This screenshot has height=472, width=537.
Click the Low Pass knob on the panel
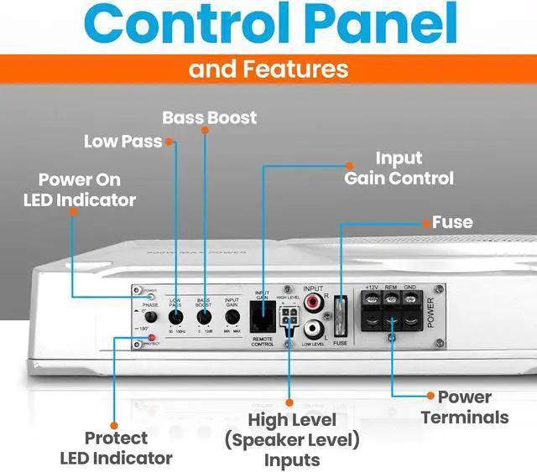coord(176,318)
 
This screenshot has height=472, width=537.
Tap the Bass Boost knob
coord(204,318)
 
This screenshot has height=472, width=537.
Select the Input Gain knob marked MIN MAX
coord(231,318)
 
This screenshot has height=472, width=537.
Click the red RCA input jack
coord(315,300)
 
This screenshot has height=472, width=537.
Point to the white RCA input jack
coord(315,329)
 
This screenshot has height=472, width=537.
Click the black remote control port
coord(262,319)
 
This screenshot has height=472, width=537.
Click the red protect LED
coord(152,338)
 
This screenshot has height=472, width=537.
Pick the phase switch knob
coord(151,318)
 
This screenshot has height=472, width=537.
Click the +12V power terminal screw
coord(370,298)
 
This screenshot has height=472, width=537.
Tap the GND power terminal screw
coord(410,298)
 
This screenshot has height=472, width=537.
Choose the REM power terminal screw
coord(390,298)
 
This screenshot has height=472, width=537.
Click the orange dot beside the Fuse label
coord(425,223)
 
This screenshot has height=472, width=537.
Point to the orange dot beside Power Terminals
coord(430,396)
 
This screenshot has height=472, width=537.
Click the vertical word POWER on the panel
coord(433,312)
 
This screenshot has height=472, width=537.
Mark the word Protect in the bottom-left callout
coord(116,438)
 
